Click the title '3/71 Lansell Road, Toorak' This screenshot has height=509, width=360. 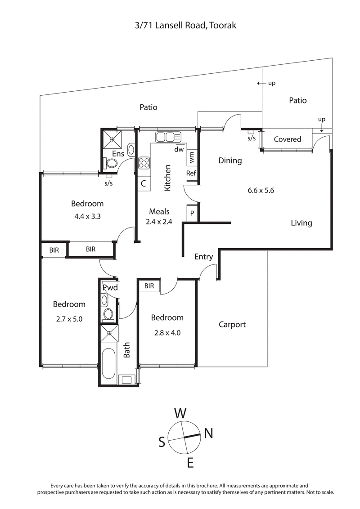coord(185,26)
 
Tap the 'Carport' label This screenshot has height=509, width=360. coord(232,324)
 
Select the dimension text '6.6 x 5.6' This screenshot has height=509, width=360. coord(261,190)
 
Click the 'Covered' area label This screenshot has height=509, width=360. coord(287,139)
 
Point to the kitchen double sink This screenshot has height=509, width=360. coord(167,137)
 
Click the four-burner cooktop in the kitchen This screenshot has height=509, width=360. coord(144,162)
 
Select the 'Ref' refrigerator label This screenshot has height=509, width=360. coord(191,173)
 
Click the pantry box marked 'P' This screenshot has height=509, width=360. coord(192,213)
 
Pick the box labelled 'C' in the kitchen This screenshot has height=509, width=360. coord(144,183)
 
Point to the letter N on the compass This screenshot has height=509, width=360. coord(208,433)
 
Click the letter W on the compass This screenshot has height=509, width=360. coord(180,413)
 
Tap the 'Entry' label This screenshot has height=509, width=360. coord(203,257)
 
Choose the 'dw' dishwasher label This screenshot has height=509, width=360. coord(179,149)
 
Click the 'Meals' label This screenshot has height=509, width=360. coord(159,211)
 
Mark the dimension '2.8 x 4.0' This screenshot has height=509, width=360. coord(167,333)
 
